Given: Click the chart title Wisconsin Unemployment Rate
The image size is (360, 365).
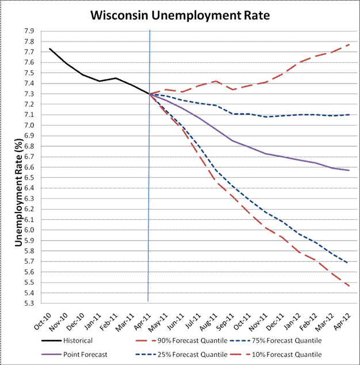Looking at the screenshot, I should (180, 16).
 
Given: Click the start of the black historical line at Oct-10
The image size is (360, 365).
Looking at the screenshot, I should (50, 49).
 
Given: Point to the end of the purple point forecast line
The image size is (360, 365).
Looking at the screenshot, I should (348, 170).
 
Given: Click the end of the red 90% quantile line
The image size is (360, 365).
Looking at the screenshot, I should (348, 44).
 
